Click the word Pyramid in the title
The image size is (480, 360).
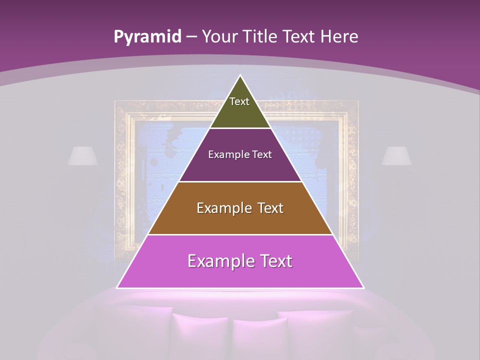pyautogui.click(x=147, y=37)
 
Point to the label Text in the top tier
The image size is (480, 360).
pyautogui.click(x=239, y=101)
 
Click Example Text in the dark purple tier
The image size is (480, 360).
pyautogui.click(x=240, y=154)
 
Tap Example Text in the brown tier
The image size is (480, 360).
pyautogui.click(x=240, y=208)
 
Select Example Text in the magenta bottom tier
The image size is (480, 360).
pyautogui.click(x=240, y=261)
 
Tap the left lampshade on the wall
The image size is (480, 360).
pyautogui.click(x=83, y=155)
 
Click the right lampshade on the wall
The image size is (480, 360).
pyautogui.click(x=396, y=155)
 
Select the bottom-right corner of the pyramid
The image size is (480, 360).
pyautogui.click(x=363, y=287)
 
